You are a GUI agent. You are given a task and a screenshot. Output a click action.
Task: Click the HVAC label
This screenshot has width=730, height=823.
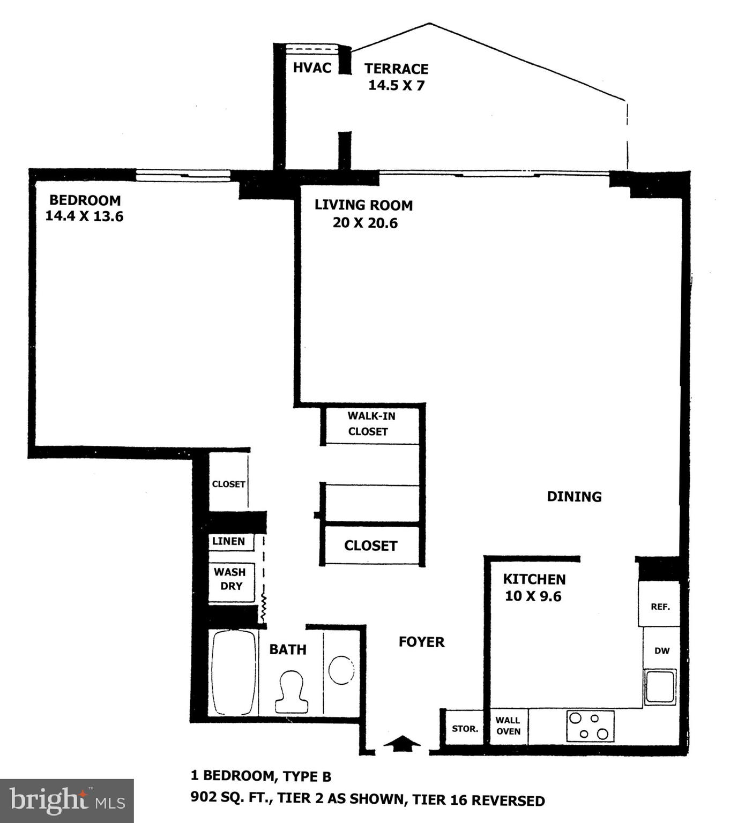point(312,68)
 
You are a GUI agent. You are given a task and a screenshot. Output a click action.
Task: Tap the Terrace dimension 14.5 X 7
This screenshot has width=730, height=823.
point(396,85)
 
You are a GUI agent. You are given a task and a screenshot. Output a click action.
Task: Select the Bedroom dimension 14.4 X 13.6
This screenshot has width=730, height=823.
point(84,216)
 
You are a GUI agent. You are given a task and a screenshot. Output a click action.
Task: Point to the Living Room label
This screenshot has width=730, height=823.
point(363,205)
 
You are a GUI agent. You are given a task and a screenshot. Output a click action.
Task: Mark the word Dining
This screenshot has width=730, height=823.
point(574,497)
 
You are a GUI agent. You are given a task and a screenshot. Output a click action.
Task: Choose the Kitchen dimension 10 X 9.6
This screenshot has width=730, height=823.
point(533,596)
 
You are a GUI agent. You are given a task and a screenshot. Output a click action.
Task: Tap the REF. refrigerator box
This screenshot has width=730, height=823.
point(660,607)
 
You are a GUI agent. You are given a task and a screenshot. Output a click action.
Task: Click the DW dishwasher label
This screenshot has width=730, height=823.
point(662,651)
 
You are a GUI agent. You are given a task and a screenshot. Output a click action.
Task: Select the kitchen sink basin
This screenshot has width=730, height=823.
point(660,687)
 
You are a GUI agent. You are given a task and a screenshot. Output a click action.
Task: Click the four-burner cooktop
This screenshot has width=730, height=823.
point(590,726)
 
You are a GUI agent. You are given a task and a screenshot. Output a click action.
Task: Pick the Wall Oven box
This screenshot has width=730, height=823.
point(508,726)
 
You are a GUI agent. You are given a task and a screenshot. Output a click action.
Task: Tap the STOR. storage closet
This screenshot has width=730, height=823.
point(465,729)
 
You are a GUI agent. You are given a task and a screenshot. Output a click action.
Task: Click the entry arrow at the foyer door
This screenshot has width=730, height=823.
point(403,743)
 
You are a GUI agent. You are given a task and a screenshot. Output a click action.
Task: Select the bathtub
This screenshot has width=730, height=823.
point(234,672)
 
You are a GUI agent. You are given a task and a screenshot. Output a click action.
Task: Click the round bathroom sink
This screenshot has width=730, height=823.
point(341,670)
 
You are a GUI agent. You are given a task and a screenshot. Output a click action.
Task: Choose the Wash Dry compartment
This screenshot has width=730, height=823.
point(230,579)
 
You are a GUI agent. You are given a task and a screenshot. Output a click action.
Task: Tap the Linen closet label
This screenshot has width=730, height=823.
point(229,541)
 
